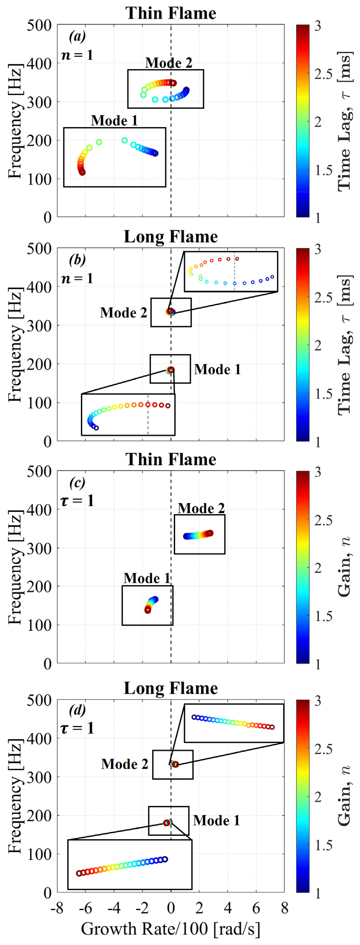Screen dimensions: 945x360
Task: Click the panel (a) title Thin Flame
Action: (170, 13)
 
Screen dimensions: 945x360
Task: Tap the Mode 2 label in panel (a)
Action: (169, 63)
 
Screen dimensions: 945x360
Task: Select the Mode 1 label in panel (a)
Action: (114, 121)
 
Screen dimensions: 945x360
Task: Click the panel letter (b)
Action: (77, 259)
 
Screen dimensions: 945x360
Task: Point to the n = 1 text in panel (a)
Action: (77, 55)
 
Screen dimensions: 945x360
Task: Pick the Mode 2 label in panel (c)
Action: (201, 508)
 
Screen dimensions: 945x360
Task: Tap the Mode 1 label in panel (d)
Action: (216, 820)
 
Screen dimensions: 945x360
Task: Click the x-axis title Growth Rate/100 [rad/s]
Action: (170, 928)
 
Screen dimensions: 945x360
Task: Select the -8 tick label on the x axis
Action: (57, 908)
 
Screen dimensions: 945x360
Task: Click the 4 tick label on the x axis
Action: (228, 908)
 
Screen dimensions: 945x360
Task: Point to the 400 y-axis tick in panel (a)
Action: (39, 64)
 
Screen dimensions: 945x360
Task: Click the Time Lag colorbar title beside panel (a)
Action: (344, 121)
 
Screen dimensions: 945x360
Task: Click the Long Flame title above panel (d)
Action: (170, 688)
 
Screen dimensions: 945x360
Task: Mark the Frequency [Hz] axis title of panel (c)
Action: (15, 567)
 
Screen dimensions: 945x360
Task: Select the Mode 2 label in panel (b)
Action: (124, 312)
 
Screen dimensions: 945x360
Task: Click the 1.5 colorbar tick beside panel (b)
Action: (323, 393)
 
